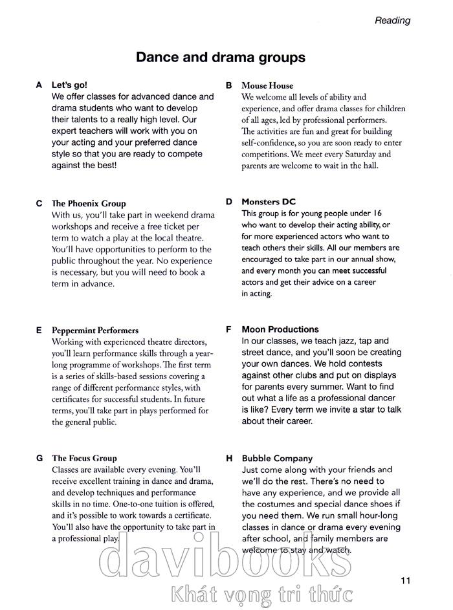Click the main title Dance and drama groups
point(220,58)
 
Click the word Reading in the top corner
point(392,20)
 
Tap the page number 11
point(405,580)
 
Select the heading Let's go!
point(69,85)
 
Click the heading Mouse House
point(267,85)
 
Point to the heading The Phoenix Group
point(89,203)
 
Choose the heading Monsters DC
point(269,202)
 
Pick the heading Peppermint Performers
point(95,330)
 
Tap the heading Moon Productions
point(280,329)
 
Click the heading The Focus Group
point(84,458)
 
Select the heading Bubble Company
point(277,458)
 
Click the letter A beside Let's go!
point(39,85)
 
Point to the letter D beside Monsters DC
point(229,202)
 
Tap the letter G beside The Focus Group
point(39,458)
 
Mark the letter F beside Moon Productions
point(228,329)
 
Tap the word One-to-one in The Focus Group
point(150,503)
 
